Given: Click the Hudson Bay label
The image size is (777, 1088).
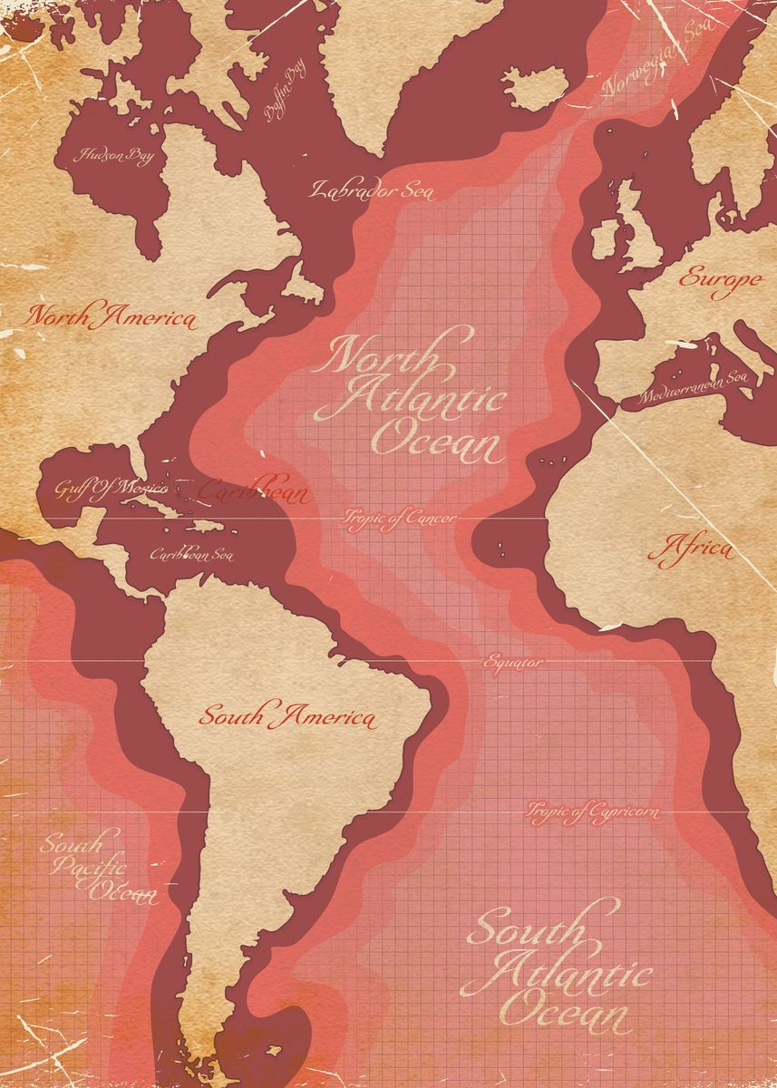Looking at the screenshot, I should pos(116,156).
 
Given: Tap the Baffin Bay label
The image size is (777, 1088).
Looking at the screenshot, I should pos(284,93).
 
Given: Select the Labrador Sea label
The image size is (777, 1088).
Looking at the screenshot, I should pos(373,190).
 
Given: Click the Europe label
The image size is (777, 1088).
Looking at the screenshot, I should pos(720,279).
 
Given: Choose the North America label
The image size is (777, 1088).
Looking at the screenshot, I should pos(111,317).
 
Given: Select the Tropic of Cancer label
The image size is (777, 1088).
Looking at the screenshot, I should pos(399,518).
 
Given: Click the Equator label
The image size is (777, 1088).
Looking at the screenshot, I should pos(513,662).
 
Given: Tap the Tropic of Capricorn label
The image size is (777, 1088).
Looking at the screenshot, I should pos(593,811).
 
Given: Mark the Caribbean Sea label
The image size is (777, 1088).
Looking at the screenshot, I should pos(190,554).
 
